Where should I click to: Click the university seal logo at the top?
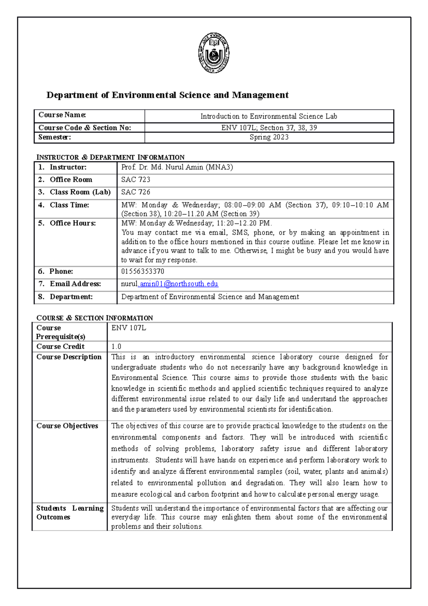point(214,54)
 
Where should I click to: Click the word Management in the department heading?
point(260,95)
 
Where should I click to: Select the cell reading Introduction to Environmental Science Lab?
point(269,116)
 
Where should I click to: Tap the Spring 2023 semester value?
point(269,137)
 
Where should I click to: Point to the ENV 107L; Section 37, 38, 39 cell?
point(269,128)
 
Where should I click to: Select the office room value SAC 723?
point(136,180)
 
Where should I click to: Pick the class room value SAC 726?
point(136,192)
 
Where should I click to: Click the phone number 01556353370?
point(143,271)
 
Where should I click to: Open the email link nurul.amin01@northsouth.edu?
point(170,284)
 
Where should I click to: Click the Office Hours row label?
point(72,223)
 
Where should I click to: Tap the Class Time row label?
point(69,205)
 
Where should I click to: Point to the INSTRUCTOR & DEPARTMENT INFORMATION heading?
point(111,157)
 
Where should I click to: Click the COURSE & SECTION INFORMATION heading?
point(95,318)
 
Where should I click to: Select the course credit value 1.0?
point(116,347)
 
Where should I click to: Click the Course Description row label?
point(69,357)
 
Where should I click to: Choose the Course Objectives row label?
point(67,426)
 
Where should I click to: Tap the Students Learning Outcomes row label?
point(70,512)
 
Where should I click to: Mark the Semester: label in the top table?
point(55,137)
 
